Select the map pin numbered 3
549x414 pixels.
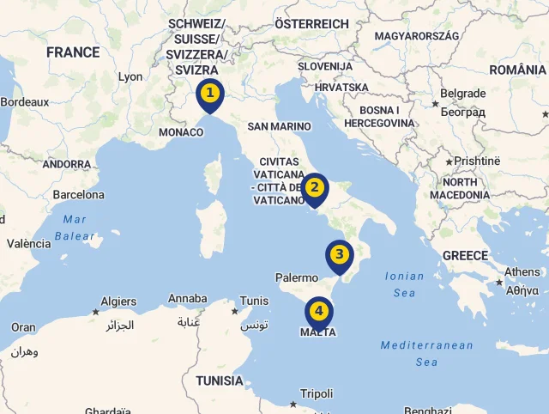click(340, 256)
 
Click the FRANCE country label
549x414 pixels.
click(73, 52)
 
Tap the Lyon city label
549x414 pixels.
click(130, 76)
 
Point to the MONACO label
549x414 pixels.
click(181, 132)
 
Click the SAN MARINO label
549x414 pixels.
click(279, 126)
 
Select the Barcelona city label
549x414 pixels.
click(78, 195)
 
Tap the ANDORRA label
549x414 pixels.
click(66, 164)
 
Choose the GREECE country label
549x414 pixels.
click(465, 255)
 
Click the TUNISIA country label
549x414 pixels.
click(219, 381)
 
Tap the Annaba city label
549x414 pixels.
click(187, 299)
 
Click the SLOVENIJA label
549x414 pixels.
click(325, 66)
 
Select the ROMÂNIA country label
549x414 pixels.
click(518, 69)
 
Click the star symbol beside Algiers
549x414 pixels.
click(95, 312)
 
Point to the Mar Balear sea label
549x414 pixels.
click(75, 228)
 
